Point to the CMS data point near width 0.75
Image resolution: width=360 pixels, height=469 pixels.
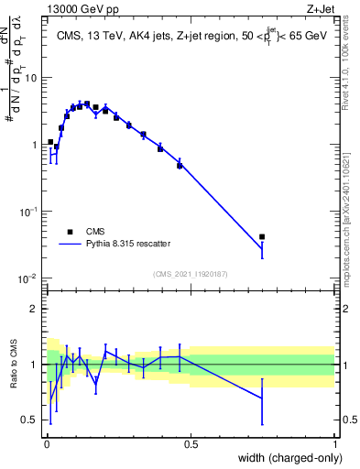click(262, 237)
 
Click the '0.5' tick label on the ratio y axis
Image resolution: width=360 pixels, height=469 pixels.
click(30, 420)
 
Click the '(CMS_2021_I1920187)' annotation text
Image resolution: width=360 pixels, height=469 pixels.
click(190, 274)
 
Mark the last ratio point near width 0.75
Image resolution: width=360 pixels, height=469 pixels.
click(262, 398)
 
